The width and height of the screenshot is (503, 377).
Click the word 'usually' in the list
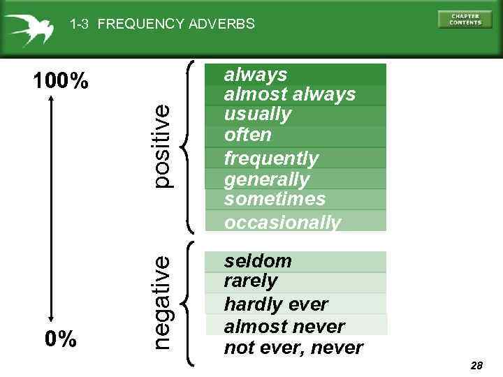point(257,114)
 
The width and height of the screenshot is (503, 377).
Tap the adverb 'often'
point(247,135)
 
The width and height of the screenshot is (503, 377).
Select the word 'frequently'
point(271,158)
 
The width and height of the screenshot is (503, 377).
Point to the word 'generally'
point(266,179)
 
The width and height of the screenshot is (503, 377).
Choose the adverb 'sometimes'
point(275,199)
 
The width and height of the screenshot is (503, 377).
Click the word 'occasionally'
point(283,223)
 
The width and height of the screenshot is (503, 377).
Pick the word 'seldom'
point(258,261)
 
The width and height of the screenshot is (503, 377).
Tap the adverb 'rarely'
point(250,281)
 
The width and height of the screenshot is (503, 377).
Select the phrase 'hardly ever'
point(275,304)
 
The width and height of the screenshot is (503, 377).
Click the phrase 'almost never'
point(284,326)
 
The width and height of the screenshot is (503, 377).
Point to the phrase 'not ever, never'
point(293,348)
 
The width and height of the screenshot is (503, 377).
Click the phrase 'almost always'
point(289,94)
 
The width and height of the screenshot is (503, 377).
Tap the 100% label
point(61,82)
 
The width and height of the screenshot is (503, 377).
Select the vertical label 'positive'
point(161,146)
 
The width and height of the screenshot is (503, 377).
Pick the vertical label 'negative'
point(161,302)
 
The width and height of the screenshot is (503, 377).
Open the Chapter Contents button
point(465,19)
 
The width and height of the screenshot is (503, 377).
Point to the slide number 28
point(477,366)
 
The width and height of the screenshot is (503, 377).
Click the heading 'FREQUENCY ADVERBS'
point(176,24)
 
